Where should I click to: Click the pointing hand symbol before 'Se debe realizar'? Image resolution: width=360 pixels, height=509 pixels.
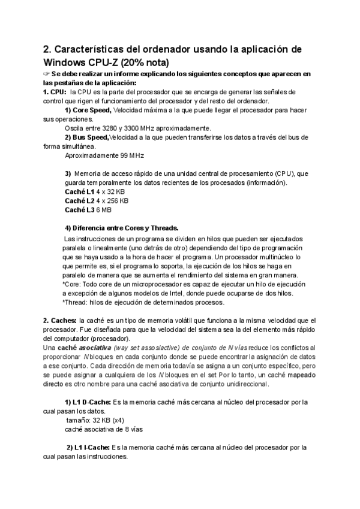pyautogui.click(x=47, y=74)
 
